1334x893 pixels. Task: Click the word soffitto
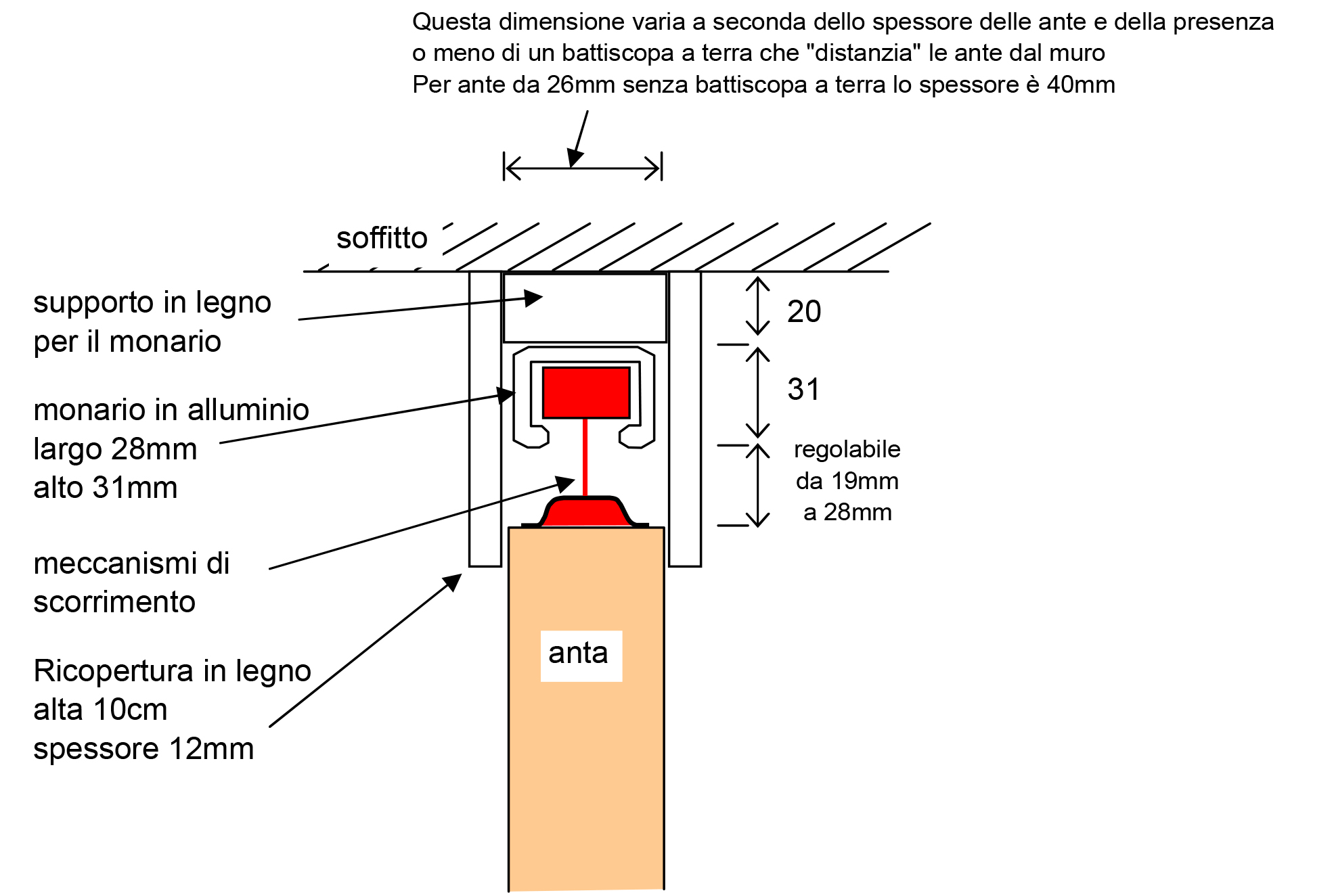[x=382, y=238]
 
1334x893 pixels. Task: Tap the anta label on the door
[x=578, y=654]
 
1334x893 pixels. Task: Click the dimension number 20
[x=804, y=312]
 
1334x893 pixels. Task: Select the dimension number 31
[x=803, y=390]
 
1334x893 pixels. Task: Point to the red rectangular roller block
[x=586, y=393]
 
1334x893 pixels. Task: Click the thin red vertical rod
[x=585, y=457]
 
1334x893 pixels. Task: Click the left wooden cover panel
[x=485, y=419]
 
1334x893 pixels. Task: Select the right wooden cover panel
[x=685, y=419]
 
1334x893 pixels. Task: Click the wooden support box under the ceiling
[x=585, y=308]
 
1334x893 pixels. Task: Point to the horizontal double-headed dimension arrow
[x=583, y=168]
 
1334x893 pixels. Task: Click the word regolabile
[x=847, y=450]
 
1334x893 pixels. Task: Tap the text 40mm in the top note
[x=1081, y=85]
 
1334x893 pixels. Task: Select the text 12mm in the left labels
[x=212, y=749]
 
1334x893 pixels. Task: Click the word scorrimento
[x=114, y=602]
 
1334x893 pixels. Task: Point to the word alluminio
[x=248, y=410]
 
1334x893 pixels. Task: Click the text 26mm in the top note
[x=581, y=85]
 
